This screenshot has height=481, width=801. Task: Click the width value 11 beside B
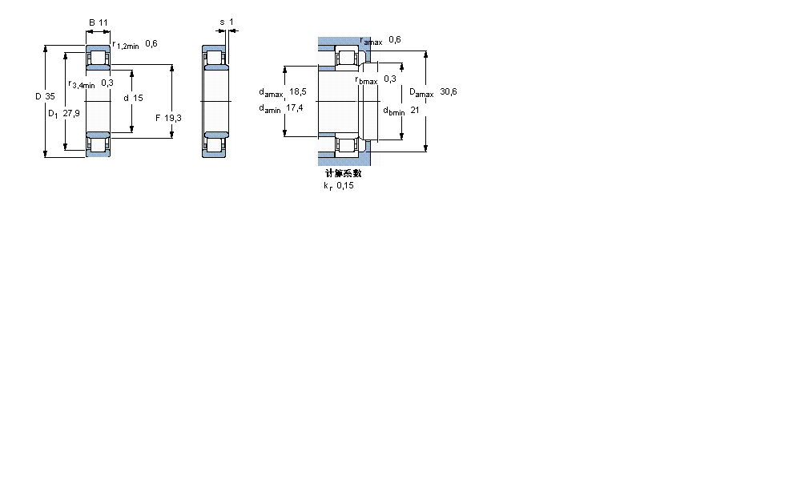coord(103,22)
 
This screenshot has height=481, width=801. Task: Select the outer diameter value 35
coord(50,96)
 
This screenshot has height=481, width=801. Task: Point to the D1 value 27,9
coord(71,113)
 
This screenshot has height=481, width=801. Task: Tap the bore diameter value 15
coord(138,98)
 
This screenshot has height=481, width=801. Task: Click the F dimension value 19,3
coord(173,118)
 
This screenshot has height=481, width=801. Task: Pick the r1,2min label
coord(126,45)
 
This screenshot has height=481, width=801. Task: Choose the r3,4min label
coord(82,83)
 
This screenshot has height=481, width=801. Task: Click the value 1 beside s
coord(231,22)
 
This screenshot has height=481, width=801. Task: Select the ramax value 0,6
coord(394,39)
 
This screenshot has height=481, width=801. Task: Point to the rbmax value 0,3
coord(390,79)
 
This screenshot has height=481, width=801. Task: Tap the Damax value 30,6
coord(449,92)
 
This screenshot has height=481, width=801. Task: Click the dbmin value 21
coord(414,111)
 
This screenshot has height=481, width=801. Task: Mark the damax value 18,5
coord(298,92)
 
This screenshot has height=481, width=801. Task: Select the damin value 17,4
coord(295,108)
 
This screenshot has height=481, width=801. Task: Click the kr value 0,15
coord(344,185)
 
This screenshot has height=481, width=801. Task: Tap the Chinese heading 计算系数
coord(343,172)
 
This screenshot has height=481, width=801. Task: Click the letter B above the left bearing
coord(92,22)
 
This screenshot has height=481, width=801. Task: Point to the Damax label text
coord(421,93)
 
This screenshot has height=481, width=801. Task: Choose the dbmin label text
coord(393,111)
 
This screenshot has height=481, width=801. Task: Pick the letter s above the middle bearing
coord(222,22)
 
